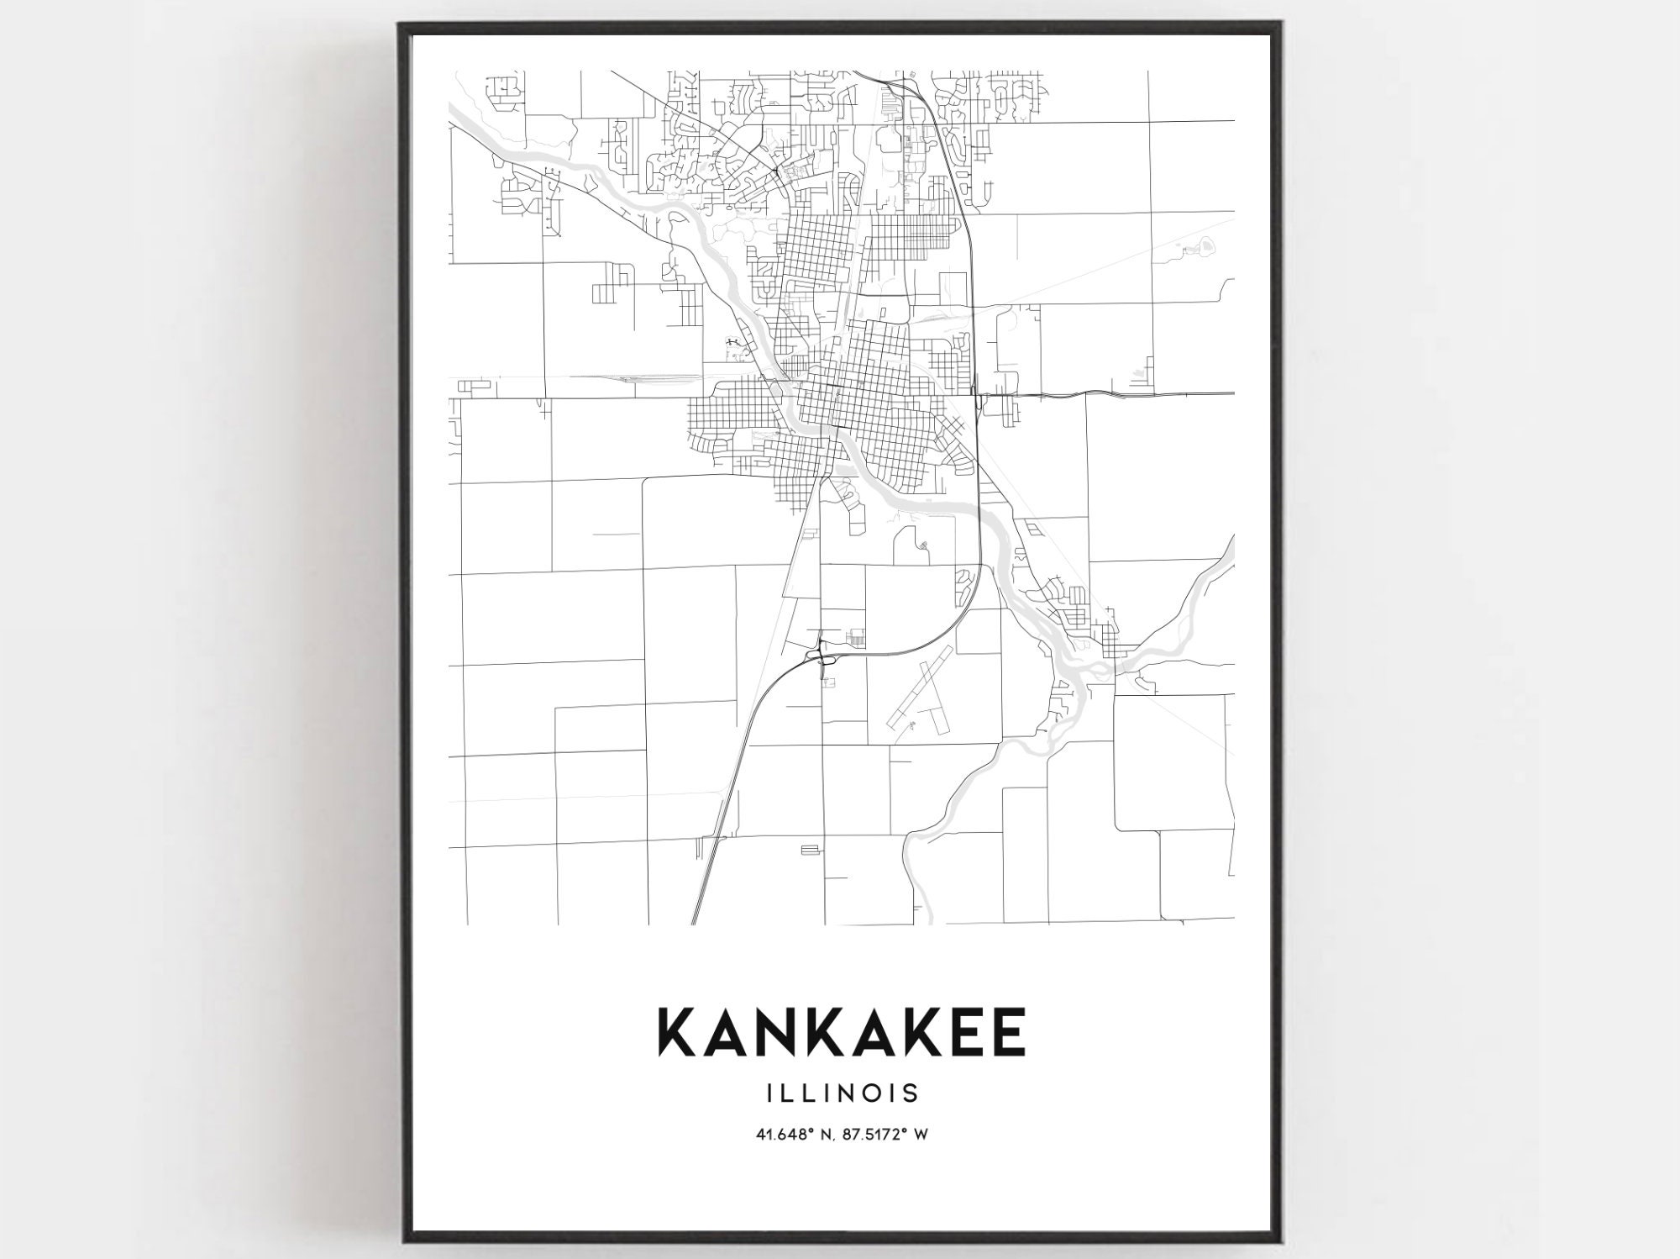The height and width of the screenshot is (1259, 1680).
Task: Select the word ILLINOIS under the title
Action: [839, 1093]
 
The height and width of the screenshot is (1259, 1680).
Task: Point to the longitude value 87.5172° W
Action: [886, 1134]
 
